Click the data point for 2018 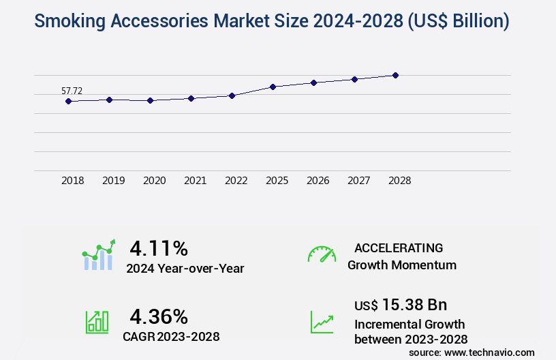(x=68, y=101)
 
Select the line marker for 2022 (x=232, y=95)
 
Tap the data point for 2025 (x=273, y=87)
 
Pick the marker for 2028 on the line (x=395, y=75)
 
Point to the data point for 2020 (x=150, y=100)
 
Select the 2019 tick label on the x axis (x=113, y=181)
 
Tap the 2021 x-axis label (x=195, y=181)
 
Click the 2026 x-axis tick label (x=318, y=181)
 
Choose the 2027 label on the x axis (x=358, y=181)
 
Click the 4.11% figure (x=158, y=248)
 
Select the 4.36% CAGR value (x=158, y=316)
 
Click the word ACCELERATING (x=399, y=247)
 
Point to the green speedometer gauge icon (x=322, y=254)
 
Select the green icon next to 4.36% (x=96, y=322)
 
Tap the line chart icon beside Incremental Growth (x=322, y=322)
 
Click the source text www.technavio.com (x=491, y=352)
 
